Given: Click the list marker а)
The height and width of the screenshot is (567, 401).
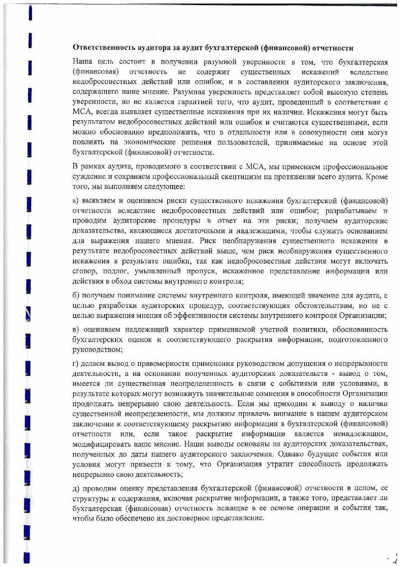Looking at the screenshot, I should click(x=76, y=200).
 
